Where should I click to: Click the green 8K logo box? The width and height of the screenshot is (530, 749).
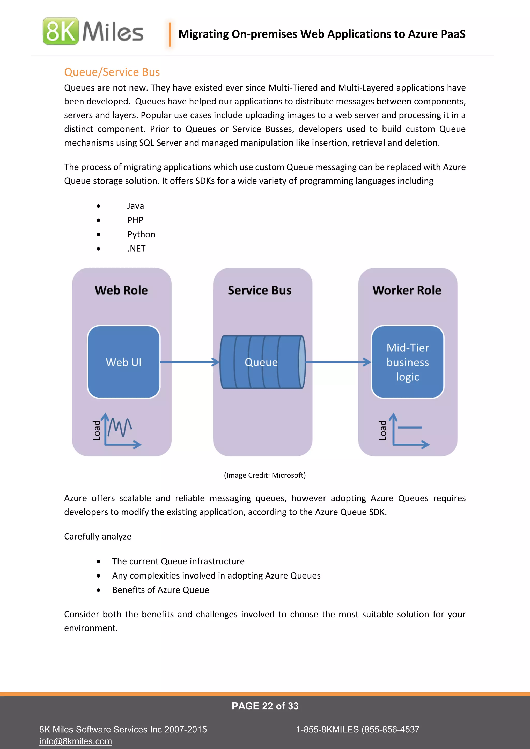coord(61,31)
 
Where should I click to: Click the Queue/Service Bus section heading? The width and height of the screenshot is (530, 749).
coord(112,72)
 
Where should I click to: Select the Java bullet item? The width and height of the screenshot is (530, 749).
coord(135,206)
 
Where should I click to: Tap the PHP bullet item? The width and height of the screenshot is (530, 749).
coord(135,220)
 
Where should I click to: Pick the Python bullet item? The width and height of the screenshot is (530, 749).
coord(141,235)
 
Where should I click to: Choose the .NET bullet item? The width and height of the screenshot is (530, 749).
coord(136,249)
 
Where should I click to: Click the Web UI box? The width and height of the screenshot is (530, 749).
coord(124,362)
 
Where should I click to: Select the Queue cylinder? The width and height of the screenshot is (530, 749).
coord(262,362)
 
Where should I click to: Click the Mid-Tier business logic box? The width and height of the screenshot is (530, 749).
coord(407,362)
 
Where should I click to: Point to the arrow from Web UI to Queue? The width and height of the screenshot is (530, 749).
coord(189,362)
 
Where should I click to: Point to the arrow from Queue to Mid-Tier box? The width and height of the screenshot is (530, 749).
coord(338,362)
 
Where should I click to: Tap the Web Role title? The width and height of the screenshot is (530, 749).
coord(121,290)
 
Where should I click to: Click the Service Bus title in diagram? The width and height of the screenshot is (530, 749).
coord(260,290)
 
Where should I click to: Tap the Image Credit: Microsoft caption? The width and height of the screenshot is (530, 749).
coord(265,475)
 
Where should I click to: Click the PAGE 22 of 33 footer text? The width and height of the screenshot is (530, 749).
coord(265,706)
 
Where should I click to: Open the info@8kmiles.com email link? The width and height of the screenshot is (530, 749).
coord(76,741)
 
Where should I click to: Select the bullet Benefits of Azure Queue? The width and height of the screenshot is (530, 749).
coord(160,590)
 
